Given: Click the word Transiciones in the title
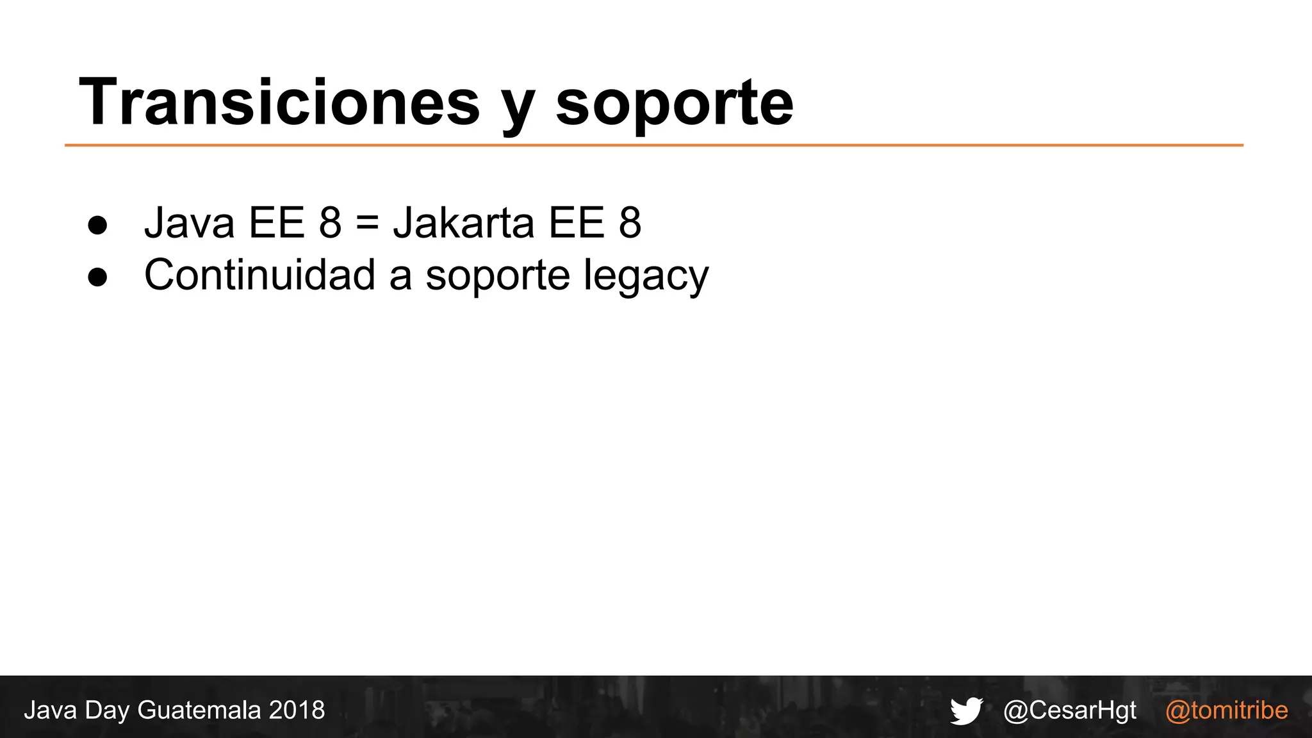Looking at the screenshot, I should tap(279, 102).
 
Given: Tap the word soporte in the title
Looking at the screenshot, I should tap(674, 106).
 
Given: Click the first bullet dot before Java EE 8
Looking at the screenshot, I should tap(97, 225).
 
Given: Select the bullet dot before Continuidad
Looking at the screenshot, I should tap(97, 277).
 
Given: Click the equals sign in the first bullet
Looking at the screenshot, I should tap(367, 224).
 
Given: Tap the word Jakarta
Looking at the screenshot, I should tap(463, 223).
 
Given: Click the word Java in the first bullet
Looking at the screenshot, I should tap(189, 223).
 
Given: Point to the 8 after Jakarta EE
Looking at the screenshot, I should tap(630, 223).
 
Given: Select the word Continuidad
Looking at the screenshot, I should tap(259, 275).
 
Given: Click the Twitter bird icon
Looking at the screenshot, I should tap(966, 710).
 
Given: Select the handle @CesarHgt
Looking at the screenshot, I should tap(1070, 710).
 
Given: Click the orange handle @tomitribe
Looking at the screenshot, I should tap(1226, 710).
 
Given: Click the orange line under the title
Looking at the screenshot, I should tap(653, 145).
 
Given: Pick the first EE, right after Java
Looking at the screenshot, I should tap(276, 223).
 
